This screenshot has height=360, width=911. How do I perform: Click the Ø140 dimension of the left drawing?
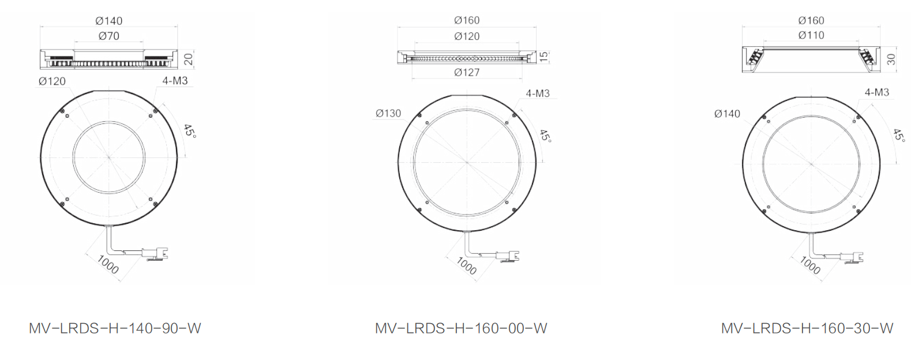pos(108,21)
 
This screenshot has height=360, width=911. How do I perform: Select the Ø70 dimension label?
pos(108,36)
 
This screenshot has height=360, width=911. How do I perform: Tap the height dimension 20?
pos(188,59)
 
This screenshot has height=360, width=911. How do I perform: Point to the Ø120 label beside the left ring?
pos(52,81)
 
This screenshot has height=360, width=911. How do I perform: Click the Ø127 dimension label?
pos(467,73)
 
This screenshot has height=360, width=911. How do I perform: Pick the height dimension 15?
pos(544,57)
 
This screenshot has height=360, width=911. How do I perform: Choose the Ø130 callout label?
pos(388,114)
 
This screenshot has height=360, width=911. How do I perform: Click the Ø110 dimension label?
pos(811,35)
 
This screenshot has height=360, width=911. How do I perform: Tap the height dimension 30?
pos(891,59)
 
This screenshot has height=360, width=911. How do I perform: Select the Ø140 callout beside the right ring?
pos(727,114)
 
